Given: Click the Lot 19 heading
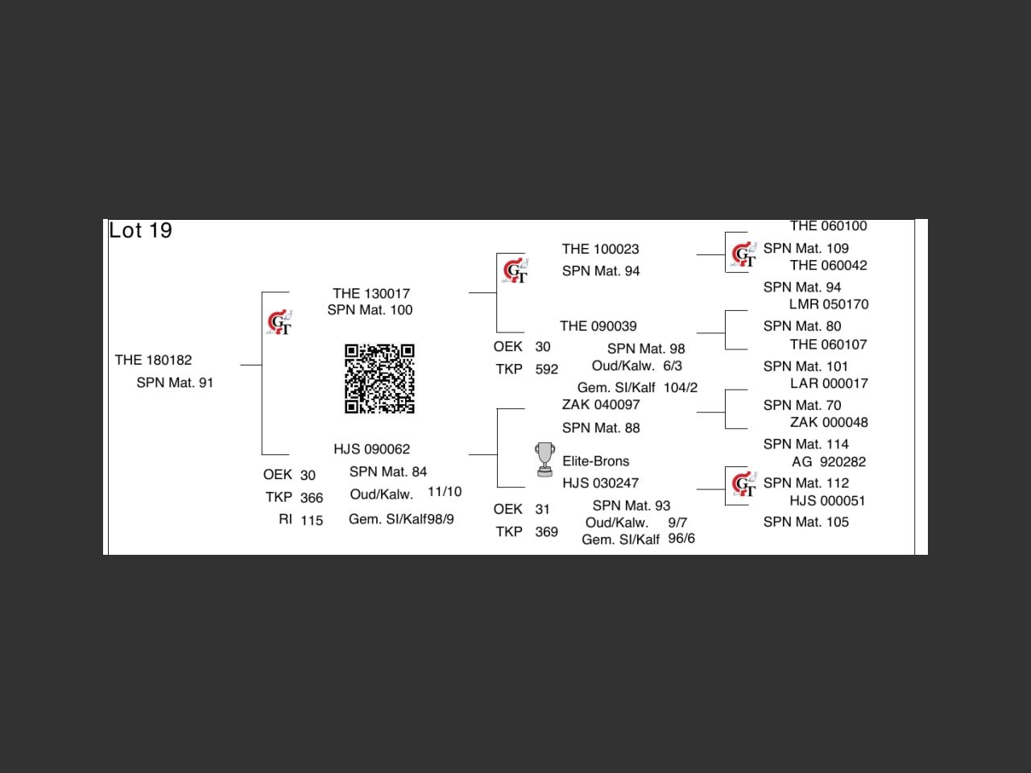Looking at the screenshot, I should (141, 231).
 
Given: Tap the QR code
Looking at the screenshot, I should (379, 378).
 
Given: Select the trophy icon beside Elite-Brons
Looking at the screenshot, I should (544, 459).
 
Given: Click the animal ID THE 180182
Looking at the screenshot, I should (153, 360).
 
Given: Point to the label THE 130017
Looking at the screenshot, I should (371, 293).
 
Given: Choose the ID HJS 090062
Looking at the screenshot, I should (371, 449).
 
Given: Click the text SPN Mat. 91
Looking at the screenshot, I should (175, 382).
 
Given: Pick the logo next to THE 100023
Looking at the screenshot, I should (515, 271).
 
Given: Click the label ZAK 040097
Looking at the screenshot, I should (601, 404).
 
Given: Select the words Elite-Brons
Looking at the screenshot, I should (595, 461).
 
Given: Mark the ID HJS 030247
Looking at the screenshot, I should (600, 483).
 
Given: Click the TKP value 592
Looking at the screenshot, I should (546, 370).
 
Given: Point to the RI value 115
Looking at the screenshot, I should (312, 520).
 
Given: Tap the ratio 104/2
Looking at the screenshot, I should (681, 387).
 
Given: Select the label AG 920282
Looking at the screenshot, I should (828, 461).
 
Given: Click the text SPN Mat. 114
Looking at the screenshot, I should (805, 444).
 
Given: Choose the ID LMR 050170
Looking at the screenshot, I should (828, 304).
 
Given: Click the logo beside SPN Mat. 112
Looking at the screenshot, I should (743, 485).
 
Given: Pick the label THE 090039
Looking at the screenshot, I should (598, 326).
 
